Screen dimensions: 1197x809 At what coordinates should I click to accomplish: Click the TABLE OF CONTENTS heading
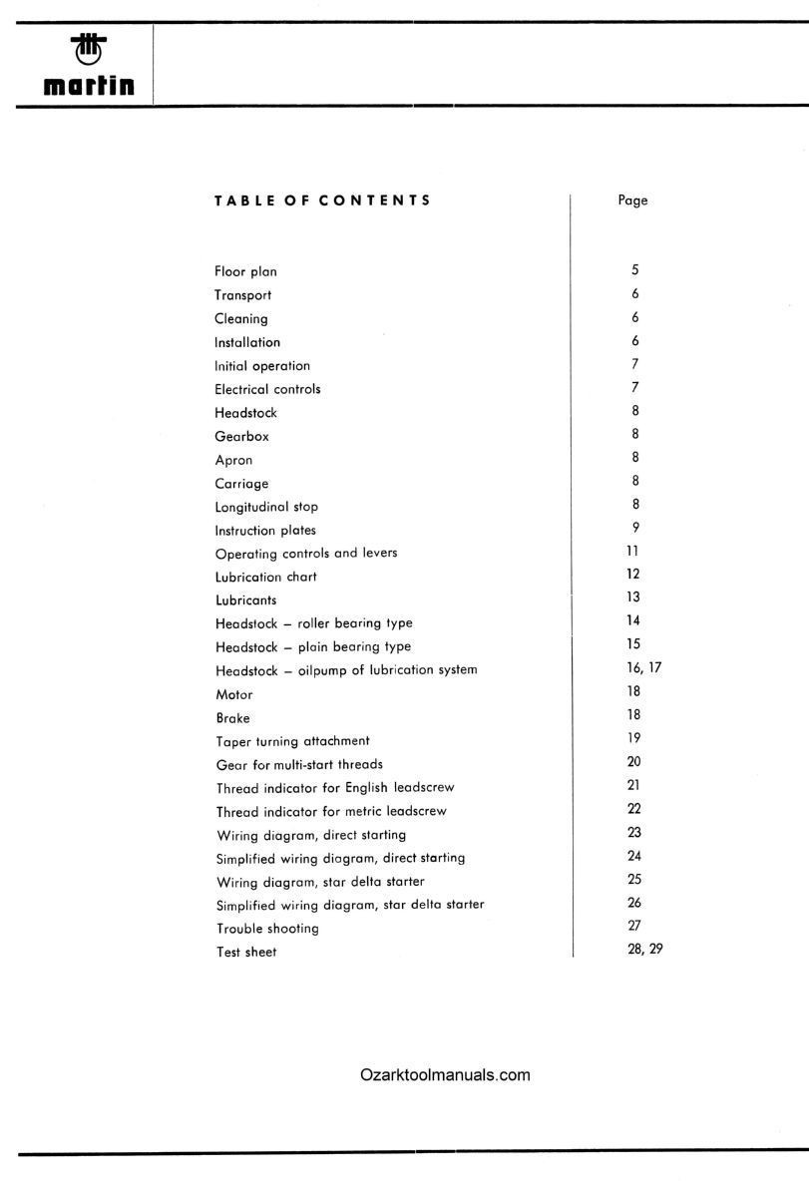coord(322,199)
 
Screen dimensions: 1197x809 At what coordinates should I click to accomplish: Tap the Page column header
coord(632,200)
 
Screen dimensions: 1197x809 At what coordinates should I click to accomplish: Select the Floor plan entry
coord(245,271)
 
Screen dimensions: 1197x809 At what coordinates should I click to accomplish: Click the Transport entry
coord(242,295)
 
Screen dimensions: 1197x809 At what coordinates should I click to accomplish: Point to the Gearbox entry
coord(241,436)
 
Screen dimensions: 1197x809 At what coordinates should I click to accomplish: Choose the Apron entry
coord(233,460)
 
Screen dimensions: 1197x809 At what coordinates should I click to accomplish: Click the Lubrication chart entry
coord(265,577)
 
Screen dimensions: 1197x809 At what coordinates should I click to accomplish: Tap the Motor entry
coord(233,694)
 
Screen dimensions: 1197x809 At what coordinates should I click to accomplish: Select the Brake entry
coord(232,718)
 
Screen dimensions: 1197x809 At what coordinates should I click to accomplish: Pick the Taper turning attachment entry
coord(292,741)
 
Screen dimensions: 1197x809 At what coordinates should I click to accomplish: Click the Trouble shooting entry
coord(267,929)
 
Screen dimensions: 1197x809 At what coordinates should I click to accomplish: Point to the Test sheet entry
coord(245,953)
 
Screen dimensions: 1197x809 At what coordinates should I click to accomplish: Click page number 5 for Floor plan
coord(634,270)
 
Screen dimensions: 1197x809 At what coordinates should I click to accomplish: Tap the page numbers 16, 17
coord(637,668)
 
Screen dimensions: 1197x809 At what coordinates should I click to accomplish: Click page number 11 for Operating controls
coord(633,551)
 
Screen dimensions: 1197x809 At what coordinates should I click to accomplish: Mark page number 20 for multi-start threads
coord(633,762)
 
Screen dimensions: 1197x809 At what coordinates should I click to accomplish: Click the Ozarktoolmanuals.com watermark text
coord(445,1075)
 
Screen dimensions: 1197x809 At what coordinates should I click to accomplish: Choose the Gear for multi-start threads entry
coord(298,765)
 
